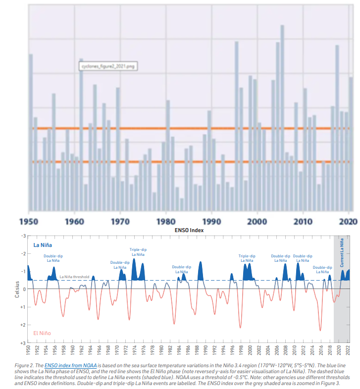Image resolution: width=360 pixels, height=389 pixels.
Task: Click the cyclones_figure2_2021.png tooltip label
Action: click(x=107, y=66)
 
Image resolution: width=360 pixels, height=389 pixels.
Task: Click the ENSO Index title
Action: click(x=189, y=230)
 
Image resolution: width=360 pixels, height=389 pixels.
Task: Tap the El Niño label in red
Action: click(x=42, y=333)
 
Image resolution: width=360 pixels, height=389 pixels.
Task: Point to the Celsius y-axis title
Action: click(x=16, y=289)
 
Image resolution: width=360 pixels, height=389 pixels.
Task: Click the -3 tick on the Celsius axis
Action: click(x=22, y=236)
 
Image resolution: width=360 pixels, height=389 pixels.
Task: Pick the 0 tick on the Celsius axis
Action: click(x=23, y=289)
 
